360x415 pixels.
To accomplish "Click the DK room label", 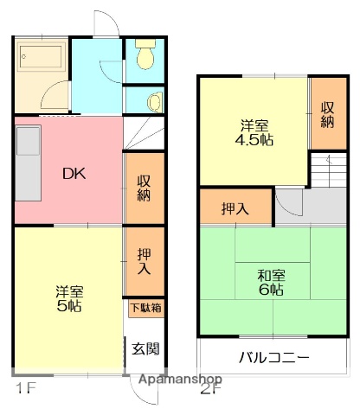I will tap(74, 172).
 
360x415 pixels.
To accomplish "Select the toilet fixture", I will tap(145, 58).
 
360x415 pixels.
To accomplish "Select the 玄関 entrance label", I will tap(145, 349).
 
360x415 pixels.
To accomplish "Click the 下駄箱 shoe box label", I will tap(144, 307).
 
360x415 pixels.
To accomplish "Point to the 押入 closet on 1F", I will tap(144, 259).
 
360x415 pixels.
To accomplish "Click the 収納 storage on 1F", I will tap(144, 188).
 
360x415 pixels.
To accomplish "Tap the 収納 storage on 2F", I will tap(327, 114).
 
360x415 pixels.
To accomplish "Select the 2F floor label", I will tap(210, 388).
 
